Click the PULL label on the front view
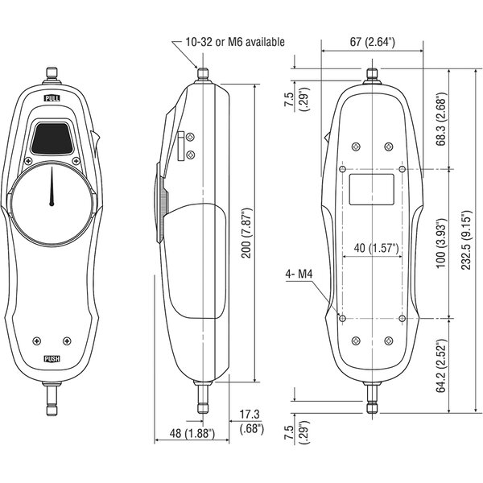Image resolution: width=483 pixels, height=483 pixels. click(52, 98)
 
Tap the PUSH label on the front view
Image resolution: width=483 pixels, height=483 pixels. click(52, 359)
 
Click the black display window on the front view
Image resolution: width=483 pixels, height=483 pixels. click(52, 138)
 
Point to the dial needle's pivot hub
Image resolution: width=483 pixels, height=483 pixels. click(52, 204)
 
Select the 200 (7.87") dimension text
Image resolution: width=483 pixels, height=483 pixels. click(247, 233)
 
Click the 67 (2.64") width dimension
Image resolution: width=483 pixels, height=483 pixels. click(373, 42)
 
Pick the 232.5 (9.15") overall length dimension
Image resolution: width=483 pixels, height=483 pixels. click(466, 240)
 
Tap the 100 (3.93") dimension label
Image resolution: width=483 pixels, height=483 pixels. click(441, 243)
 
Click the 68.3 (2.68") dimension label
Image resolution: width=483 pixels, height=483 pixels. click(441, 119)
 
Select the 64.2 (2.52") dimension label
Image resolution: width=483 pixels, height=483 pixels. click(441, 366)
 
